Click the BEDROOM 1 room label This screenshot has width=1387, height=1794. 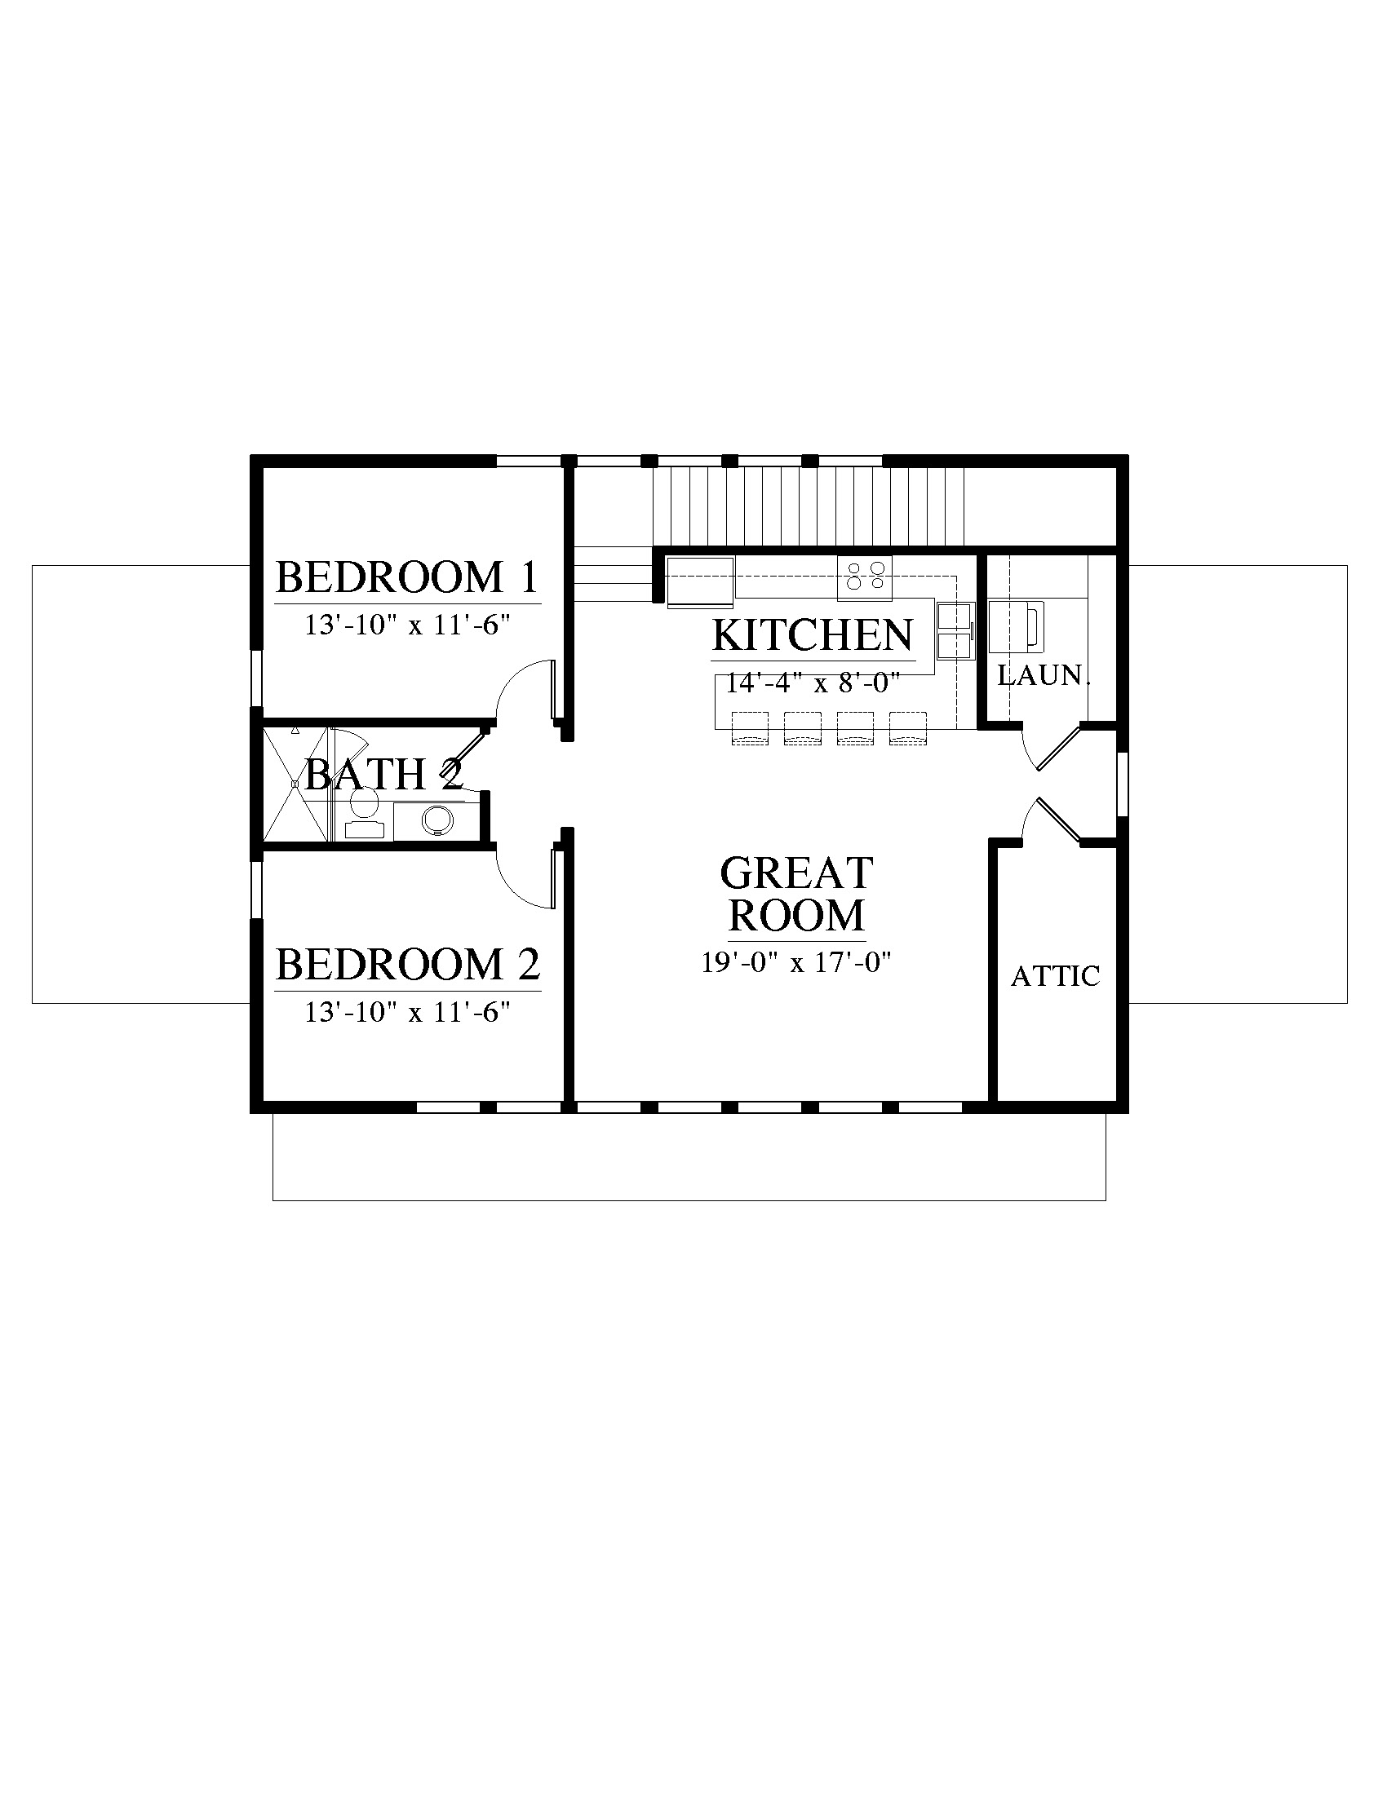407,577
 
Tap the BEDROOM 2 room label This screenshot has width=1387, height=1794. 408,965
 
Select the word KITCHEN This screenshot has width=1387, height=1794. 813,634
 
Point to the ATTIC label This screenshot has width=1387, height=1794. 1055,976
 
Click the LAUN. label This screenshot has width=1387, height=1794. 1044,675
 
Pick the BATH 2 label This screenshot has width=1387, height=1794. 383,774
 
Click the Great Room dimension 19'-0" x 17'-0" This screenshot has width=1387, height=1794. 796,962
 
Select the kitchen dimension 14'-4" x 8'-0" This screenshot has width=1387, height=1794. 813,683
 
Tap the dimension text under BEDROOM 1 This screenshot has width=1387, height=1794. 409,626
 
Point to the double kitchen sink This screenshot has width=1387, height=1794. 955,630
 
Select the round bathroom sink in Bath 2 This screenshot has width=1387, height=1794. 437,820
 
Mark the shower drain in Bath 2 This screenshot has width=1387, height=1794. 294,784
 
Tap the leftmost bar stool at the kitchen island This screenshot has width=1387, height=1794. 749,727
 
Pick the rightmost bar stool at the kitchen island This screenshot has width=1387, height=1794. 908,727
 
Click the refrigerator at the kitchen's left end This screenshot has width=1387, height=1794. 700,582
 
